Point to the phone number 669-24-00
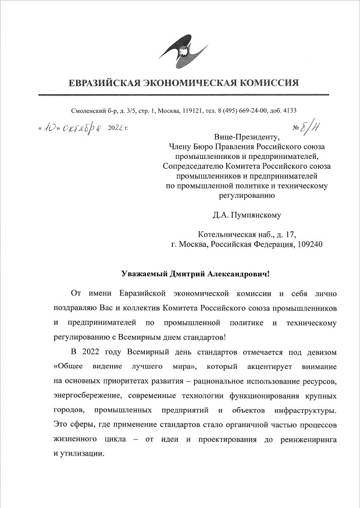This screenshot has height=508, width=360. tap(254, 111)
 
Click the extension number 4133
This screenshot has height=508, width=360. tap(289, 111)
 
